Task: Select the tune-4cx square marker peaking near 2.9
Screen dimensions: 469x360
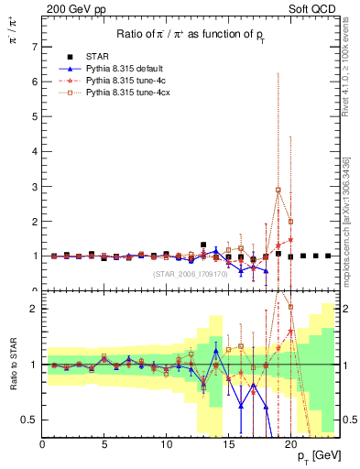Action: (278, 190)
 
